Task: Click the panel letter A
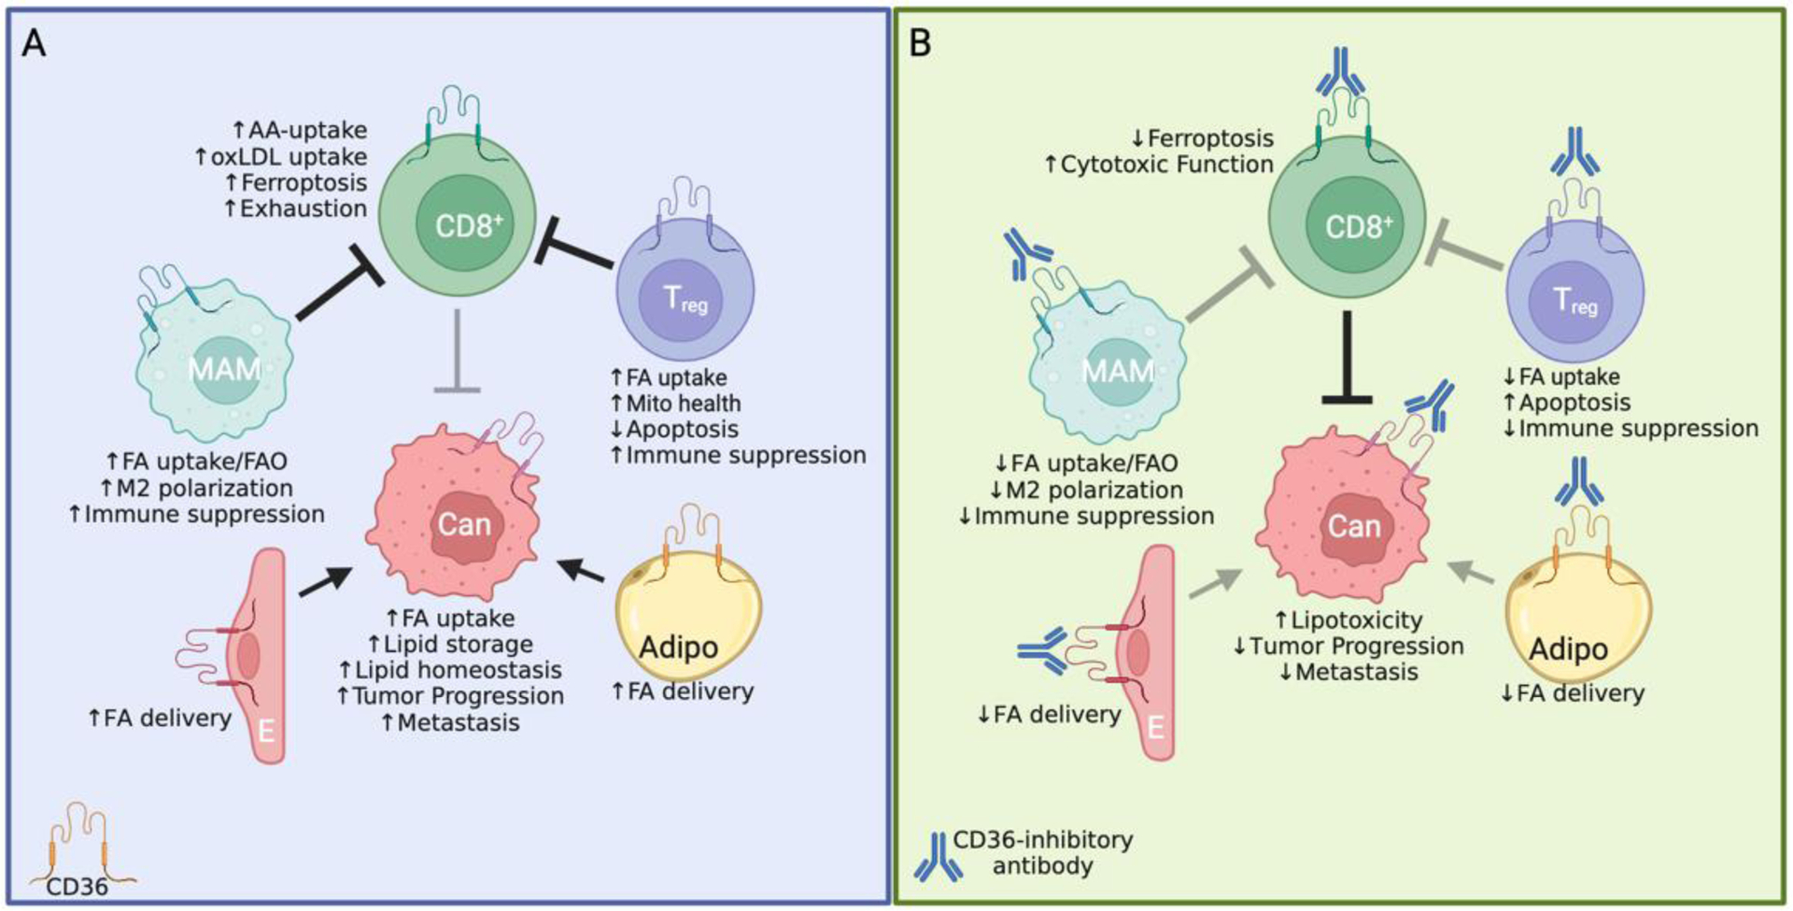pos(34,42)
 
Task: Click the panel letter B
pos(920,42)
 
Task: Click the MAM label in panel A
pos(224,369)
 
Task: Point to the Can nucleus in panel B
pos(1354,526)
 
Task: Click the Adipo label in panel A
pos(679,647)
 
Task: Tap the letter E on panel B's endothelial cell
pos(1156,726)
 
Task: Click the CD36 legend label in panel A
pos(78,886)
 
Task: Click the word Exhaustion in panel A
pos(304,208)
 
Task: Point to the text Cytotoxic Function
pos(1167,164)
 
